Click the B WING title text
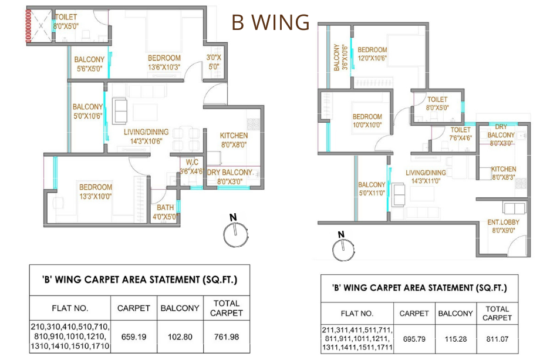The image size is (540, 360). (270, 22)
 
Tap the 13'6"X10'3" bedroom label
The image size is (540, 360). (164, 62)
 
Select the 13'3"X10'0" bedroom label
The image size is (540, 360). (96, 191)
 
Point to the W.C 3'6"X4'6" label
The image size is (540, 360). (191, 167)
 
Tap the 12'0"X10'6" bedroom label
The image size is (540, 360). (372, 54)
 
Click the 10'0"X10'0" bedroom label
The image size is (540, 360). (367, 121)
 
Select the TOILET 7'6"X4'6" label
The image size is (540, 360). (460, 134)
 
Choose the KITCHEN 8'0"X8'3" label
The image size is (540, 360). (504, 173)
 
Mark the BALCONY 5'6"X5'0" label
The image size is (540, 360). (89, 63)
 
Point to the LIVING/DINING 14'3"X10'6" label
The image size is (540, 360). (146, 136)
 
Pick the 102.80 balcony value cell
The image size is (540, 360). (180, 337)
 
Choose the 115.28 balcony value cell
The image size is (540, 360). (455, 339)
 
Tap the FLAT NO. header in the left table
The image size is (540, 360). (70, 308)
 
